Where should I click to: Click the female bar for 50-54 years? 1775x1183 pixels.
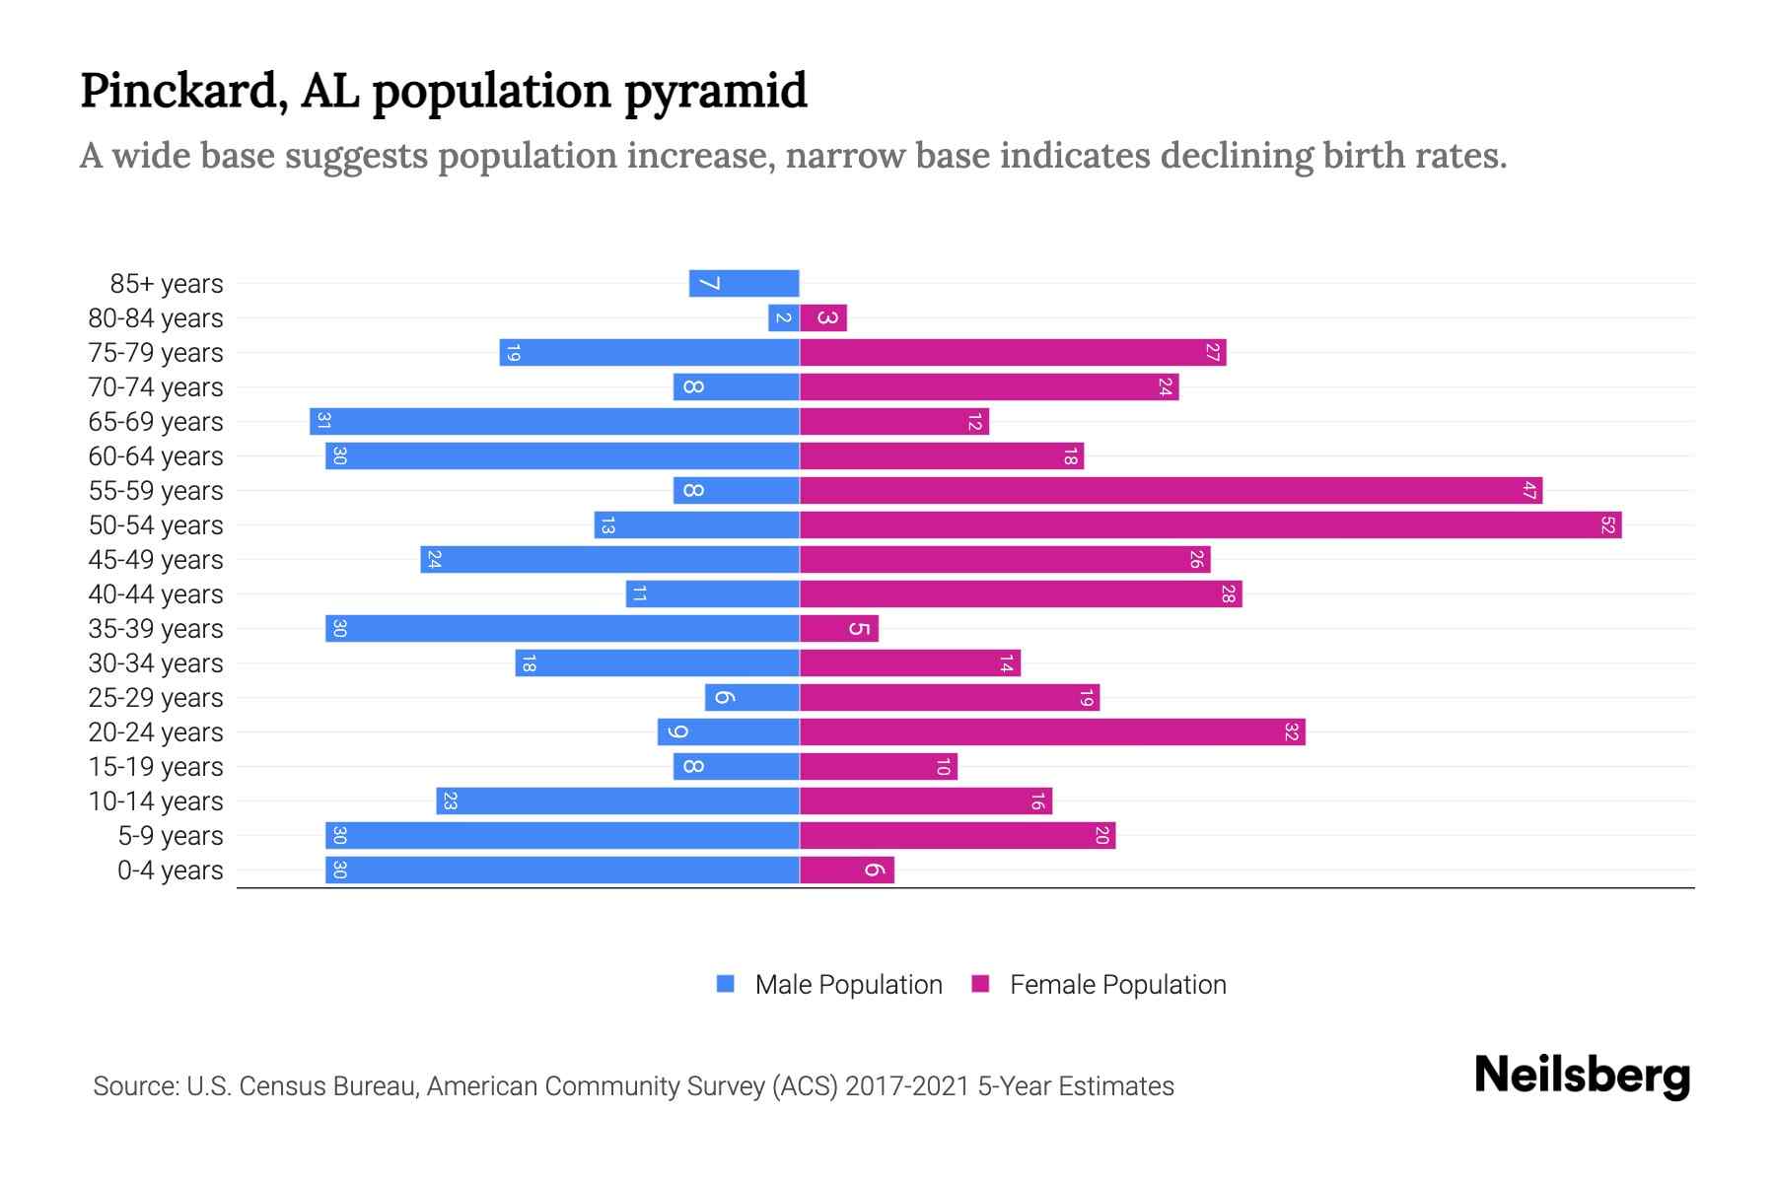(1210, 525)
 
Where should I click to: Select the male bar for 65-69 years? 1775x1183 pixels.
(554, 422)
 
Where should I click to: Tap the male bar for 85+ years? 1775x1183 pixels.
(744, 284)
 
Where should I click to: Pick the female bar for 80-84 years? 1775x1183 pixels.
(823, 318)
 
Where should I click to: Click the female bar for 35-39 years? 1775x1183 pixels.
(838, 629)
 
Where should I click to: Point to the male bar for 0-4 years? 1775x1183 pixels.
(562, 870)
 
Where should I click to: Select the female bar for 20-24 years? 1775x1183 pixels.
(1052, 732)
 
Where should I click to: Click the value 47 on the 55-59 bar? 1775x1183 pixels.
(1529, 491)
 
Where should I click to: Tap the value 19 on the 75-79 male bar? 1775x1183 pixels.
(512, 353)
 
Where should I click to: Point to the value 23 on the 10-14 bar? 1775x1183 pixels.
(449, 801)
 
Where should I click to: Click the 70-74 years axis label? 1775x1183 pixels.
(156, 387)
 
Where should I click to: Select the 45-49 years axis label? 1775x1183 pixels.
(156, 560)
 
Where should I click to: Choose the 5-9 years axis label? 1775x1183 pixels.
(171, 836)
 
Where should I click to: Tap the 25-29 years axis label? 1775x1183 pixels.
(156, 698)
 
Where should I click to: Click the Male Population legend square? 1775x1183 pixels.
(726, 984)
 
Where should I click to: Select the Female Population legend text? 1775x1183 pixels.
(1117, 985)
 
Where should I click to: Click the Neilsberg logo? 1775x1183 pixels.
(1582, 1076)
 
